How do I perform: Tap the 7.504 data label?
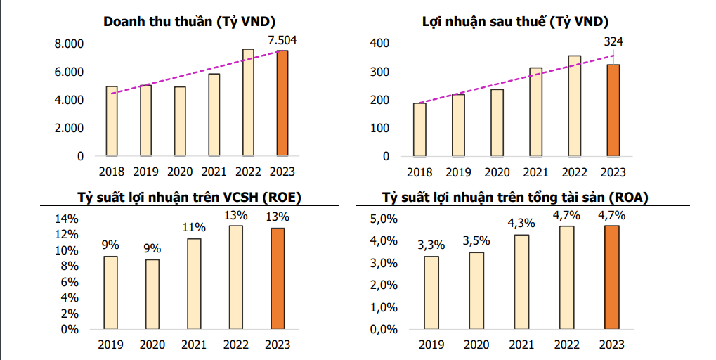click(282, 40)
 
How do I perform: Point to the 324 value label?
click(613, 43)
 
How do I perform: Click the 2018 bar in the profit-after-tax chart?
click(419, 129)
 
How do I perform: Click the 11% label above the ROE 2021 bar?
click(194, 227)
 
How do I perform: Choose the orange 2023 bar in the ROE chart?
click(277, 278)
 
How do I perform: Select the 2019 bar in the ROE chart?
click(110, 292)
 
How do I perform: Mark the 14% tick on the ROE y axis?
click(65, 219)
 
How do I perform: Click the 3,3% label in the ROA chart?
click(431, 245)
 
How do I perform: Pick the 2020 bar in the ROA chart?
click(476, 290)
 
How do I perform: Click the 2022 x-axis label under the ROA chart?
click(566, 345)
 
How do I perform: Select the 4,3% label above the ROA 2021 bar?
click(521, 223)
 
